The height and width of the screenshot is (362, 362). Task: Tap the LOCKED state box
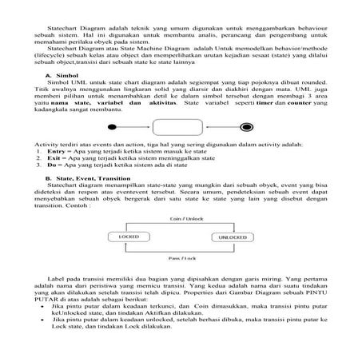click(128, 237)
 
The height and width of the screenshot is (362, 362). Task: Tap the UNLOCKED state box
click(233, 237)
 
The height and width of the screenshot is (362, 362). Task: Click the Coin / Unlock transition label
click(181, 217)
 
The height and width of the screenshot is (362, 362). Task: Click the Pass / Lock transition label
click(181, 258)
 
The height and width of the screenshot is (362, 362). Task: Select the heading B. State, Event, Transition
click(88, 177)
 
